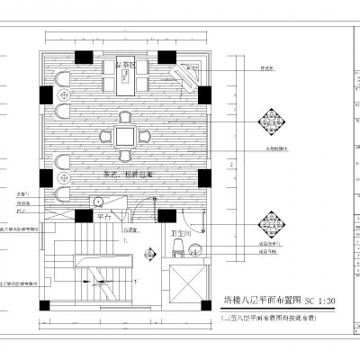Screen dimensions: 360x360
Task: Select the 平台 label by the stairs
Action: pyautogui.click(x=103, y=217)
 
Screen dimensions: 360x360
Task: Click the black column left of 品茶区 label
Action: pyautogui.click(x=83, y=57)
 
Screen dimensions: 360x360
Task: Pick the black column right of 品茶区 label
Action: pyautogui.click(x=168, y=57)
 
